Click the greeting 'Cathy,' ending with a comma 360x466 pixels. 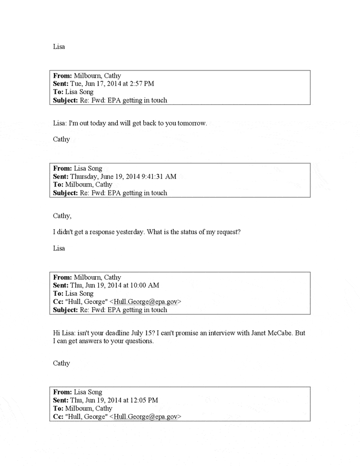[62, 216]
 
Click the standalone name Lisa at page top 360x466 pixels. [59, 47]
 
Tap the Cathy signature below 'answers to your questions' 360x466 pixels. [61, 363]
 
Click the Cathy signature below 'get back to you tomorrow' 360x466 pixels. [61, 139]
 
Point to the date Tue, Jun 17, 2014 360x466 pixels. [96, 83]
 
